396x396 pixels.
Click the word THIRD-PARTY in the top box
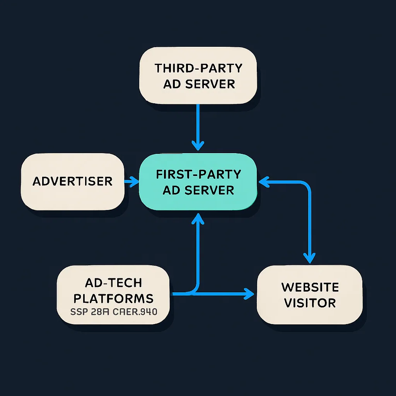tap(198, 68)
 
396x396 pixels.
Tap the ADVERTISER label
tap(72, 181)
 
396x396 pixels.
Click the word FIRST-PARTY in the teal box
tap(198, 174)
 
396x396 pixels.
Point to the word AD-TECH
tap(113, 283)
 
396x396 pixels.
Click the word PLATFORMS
tap(113, 299)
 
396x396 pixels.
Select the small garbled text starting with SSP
tap(113, 311)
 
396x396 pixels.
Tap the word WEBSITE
tap(310, 287)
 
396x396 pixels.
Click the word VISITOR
tap(310, 303)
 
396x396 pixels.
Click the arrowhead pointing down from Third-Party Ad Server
tap(198, 146)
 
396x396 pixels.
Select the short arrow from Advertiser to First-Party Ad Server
tap(131, 181)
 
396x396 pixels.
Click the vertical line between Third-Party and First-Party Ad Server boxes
tap(198, 124)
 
